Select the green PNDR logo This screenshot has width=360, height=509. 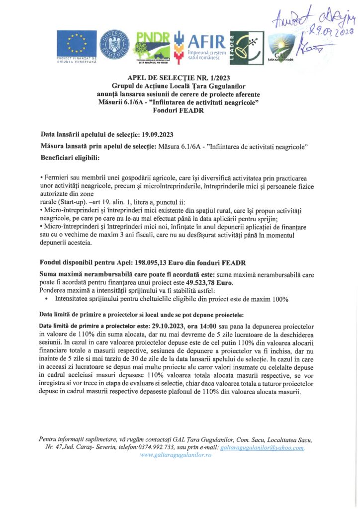153,46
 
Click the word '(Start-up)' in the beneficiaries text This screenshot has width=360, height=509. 65,203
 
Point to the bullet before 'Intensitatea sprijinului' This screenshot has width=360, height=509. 46,299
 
